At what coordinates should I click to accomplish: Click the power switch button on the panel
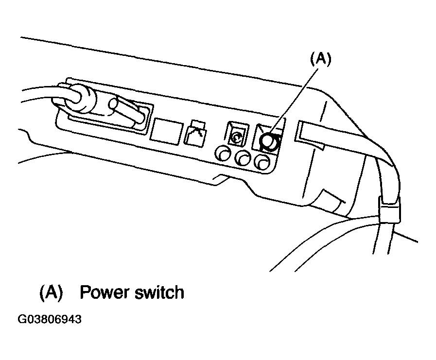[x=269, y=141]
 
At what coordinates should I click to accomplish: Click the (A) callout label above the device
[x=320, y=59]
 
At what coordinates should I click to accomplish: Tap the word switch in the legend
[x=158, y=292]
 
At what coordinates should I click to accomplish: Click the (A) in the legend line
[x=51, y=292]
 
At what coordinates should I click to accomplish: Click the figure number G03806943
[x=50, y=320]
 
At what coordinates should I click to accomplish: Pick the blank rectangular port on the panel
[x=167, y=131]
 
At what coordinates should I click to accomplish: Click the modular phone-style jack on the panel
[x=195, y=133]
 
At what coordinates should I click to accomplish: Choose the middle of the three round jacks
[x=243, y=158]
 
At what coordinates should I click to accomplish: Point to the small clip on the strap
[x=389, y=209]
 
